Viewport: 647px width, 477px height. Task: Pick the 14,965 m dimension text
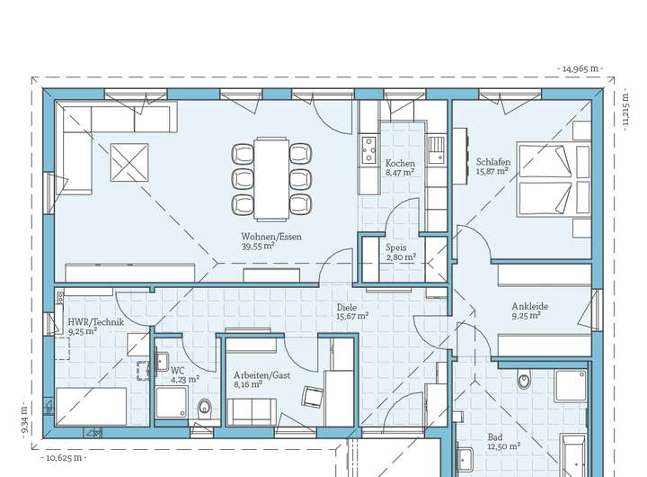(x=581, y=68)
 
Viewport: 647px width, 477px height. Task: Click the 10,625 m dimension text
(x=64, y=458)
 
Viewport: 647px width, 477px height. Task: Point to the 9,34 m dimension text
(x=24, y=418)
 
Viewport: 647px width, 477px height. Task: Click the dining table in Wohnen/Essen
(x=271, y=178)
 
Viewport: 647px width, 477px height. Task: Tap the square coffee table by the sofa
(x=129, y=162)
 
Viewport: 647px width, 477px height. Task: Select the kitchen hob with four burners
(x=368, y=150)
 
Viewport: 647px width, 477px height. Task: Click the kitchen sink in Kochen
(x=435, y=149)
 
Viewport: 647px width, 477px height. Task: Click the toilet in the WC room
(x=204, y=409)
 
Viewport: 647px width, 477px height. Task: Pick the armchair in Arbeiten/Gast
(x=313, y=397)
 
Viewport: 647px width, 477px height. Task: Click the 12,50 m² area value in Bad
(x=504, y=446)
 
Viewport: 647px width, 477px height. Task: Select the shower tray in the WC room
(x=173, y=402)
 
